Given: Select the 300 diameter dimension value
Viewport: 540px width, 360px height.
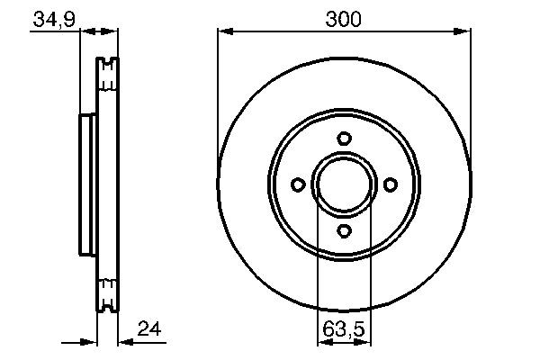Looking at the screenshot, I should (x=343, y=18).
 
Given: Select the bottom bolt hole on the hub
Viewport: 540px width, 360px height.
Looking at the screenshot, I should (x=343, y=230).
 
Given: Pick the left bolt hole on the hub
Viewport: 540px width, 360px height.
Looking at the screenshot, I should (x=297, y=184).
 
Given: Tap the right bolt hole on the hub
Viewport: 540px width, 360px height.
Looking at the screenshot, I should (x=390, y=184).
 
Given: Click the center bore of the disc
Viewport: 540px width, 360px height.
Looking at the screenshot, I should (x=343, y=184).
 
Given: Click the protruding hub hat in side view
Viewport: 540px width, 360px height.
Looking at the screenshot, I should (x=86, y=184).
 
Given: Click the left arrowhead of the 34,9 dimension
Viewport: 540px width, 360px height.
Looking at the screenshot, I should (x=75, y=32).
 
